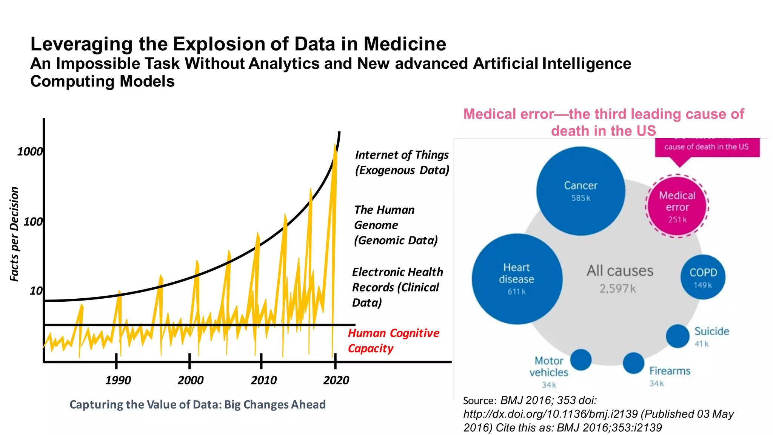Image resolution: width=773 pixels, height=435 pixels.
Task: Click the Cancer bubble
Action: pyautogui.click(x=581, y=191)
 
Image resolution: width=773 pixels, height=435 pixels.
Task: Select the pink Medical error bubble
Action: pyautogui.click(x=677, y=207)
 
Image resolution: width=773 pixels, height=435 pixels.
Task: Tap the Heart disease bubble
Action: pyautogui.click(x=517, y=279)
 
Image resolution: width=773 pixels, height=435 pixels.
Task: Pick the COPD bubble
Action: pyautogui.click(x=703, y=277)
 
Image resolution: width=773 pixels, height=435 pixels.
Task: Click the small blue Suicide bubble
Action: pyautogui.click(x=678, y=336)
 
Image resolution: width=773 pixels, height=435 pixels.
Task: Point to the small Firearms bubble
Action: pyautogui.click(x=633, y=363)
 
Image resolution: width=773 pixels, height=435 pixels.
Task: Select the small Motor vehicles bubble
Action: pyautogui.click(x=581, y=360)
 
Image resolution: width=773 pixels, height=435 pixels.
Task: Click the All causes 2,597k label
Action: pyautogui.click(x=619, y=279)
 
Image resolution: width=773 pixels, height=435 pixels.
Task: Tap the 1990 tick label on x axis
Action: pyautogui.click(x=118, y=380)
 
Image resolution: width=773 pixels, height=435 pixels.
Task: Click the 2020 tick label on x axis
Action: pyautogui.click(x=336, y=380)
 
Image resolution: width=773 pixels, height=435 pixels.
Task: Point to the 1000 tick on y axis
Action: pyautogui.click(x=30, y=152)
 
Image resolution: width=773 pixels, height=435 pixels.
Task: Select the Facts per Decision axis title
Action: pyautogui.click(x=14, y=234)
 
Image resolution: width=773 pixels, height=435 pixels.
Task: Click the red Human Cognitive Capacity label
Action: pyautogui.click(x=393, y=341)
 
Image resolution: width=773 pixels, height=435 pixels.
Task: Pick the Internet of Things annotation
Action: pyautogui.click(x=402, y=162)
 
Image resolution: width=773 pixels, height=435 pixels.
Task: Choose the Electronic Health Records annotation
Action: pyautogui.click(x=397, y=287)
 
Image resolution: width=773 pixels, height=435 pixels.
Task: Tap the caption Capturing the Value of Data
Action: pyautogui.click(x=197, y=404)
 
